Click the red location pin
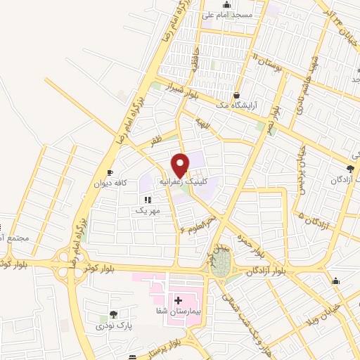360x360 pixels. [181, 165]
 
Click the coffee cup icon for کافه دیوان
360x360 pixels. [110, 173]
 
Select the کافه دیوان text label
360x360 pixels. [110, 184]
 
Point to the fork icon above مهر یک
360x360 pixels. [148, 200]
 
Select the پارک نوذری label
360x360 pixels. [113, 326]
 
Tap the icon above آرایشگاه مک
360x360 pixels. [236, 94]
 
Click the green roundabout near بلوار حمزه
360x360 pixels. [220, 264]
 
